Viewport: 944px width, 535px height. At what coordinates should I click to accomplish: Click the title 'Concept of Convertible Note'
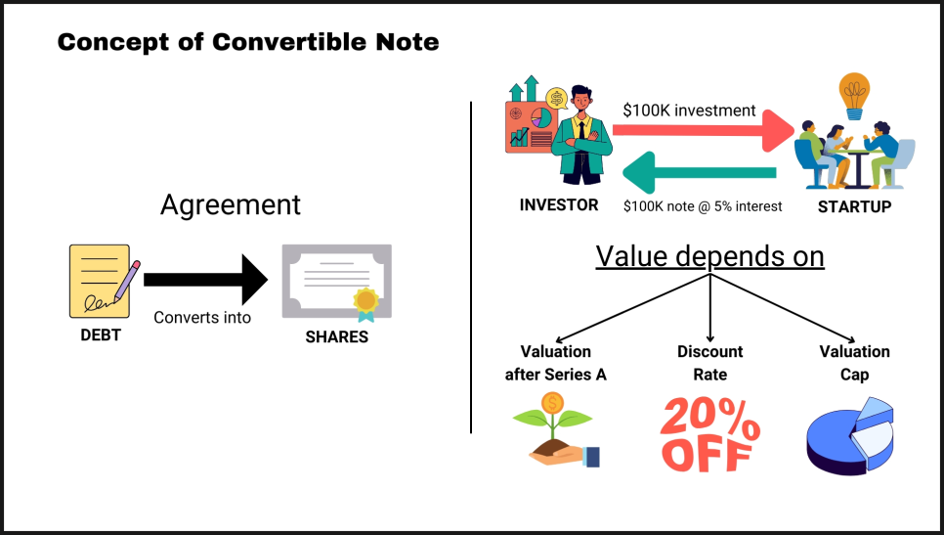pyautogui.click(x=248, y=42)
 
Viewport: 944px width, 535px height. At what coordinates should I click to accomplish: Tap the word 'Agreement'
pyautogui.click(x=231, y=204)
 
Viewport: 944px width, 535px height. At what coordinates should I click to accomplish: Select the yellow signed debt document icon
pyautogui.click(x=104, y=281)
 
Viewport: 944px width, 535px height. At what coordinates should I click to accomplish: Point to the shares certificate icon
pyautogui.click(x=336, y=282)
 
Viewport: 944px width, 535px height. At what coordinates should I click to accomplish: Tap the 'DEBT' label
pyautogui.click(x=101, y=334)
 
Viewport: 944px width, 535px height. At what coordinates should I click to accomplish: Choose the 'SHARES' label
pyautogui.click(x=336, y=336)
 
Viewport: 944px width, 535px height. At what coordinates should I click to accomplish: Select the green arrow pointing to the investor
pyautogui.click(x=699, y=172)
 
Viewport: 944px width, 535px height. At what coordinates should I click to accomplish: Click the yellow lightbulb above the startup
pyautogui.click(x=854, y=96)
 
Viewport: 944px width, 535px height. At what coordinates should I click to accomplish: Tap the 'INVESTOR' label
pyautogui.click(x=559, y=205)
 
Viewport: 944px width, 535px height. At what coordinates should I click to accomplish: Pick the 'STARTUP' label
pyautogui.click(x=854, y=207)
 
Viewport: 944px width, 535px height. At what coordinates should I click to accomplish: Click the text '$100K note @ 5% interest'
pyautogui.click(x=703, y=206)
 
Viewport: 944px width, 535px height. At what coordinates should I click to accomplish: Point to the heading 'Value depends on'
pyautogui.click(x=709, y=256)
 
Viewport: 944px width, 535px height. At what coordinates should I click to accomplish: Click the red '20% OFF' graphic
pyautogui.click(x=709, y=434)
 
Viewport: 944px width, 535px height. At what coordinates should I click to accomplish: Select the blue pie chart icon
pyautogui.click(x=850, y=435)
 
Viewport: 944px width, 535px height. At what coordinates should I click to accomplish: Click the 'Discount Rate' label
pyautogui.click(x=709, y=363)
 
